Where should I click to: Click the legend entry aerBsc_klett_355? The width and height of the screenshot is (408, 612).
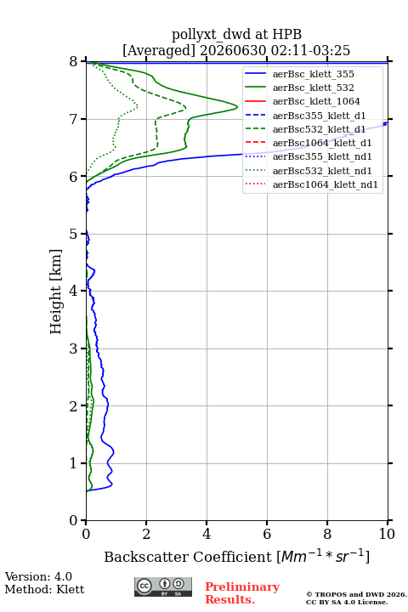(313, 74)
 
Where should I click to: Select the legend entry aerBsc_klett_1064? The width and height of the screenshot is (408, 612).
(316, 101)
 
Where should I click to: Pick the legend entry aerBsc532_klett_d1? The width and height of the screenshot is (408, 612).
(319, 129)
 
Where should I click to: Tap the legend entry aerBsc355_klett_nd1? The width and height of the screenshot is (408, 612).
(322, 156)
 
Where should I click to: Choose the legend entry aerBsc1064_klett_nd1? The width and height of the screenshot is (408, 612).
(326, 184)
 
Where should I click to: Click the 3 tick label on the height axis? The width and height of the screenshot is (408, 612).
(74, 348)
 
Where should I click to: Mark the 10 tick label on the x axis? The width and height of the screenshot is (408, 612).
(387, 534)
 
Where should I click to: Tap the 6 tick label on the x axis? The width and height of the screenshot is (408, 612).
(267, 534)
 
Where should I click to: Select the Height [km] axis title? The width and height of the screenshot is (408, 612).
(56, 292)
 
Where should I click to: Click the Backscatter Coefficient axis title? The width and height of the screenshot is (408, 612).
(236, 557)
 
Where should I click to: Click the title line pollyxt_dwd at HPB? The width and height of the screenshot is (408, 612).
(236, 34)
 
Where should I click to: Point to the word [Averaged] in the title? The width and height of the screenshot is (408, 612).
(159, 51)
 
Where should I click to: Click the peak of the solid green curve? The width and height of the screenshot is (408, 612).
(237, 106)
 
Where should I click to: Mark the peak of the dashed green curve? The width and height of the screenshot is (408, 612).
(185, 107)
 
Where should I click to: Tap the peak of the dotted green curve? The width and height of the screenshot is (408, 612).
(138, 106)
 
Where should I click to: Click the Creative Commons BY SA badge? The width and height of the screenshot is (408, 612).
(163, 587)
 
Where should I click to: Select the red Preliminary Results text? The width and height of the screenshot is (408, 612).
(242, 593)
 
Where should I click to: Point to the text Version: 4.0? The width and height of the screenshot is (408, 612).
(38, 577)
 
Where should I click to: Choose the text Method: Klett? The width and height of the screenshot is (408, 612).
(44, 589)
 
